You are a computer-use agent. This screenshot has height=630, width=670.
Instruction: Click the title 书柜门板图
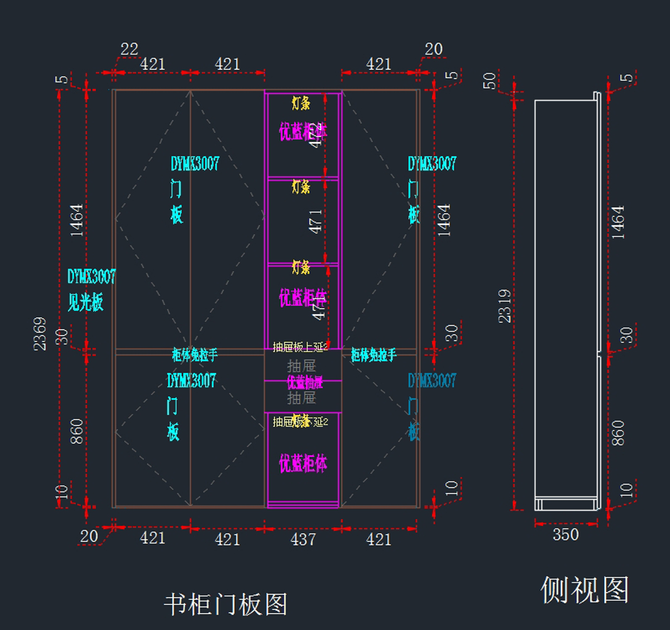pyautogui.click(x=226, y=604)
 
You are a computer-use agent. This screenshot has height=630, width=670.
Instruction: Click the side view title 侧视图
pyautogui.click(x=585, y=590)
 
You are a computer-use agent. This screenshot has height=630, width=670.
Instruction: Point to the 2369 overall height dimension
pyautogui.click(x=40, y=333)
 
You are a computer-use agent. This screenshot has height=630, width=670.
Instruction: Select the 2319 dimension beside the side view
pyautogui.click(x=505, y=306)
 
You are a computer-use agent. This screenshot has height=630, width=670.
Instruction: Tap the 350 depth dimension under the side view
pyautogui.click(x=566, y=535)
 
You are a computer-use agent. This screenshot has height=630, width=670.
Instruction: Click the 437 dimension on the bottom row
pyautogui.click(x=303, y=539)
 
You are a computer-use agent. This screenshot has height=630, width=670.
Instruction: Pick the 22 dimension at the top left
pyautogui.click(x=129, y=49)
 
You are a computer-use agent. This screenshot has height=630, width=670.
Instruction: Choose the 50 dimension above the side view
pyautogui.click(x=490, y=81)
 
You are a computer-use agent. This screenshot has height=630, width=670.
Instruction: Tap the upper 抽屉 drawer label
pyautogui.click(x=301, y=366)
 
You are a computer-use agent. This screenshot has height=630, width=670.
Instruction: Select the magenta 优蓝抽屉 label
pyautogui.click(x=304, y=382)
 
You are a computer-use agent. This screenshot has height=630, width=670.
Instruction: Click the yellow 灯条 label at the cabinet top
pyautogui.click(x=301, y=103)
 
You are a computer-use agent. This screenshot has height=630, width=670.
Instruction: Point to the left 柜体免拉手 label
pyautogui.click(x=194, y=354)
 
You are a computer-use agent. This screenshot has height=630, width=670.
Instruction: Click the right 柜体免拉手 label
pyautogui.click(x=374, y=354)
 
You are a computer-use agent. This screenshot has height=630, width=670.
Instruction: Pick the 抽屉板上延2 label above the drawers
pyautogui.click(x=300, y=347)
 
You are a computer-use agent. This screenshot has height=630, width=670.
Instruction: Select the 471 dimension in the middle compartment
pyautogui.click(x=315, y=222)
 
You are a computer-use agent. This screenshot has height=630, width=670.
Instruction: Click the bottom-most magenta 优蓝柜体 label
pyautogui.click(x=303, y=463)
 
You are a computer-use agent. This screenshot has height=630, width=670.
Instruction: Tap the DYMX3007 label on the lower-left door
pyautogui.click(x=192, y=381)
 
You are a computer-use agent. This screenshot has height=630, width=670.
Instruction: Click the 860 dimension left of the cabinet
pyautogui.click(x=76, y=431)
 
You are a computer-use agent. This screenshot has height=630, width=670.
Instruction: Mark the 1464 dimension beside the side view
pyautogui.click(x=618, y=222)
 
